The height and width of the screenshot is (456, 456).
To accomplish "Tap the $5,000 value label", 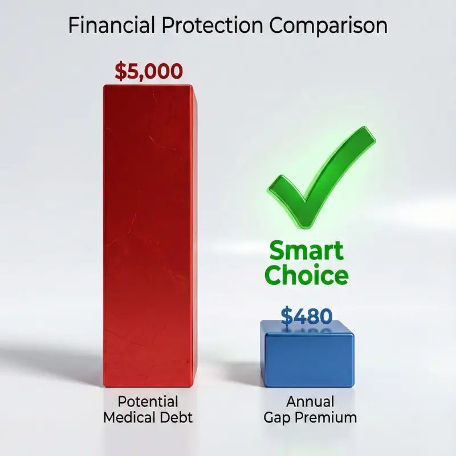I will (149, 71).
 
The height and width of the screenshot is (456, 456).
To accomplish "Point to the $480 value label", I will (307, 316).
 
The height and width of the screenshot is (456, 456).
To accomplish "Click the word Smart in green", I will (307, 251).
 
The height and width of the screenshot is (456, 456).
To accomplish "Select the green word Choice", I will (307, 276).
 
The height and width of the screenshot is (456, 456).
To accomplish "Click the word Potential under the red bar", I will (148, 401).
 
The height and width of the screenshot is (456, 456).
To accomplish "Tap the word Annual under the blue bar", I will (310, 401).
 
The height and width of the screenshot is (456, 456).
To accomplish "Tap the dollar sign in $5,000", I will (120, 72).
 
